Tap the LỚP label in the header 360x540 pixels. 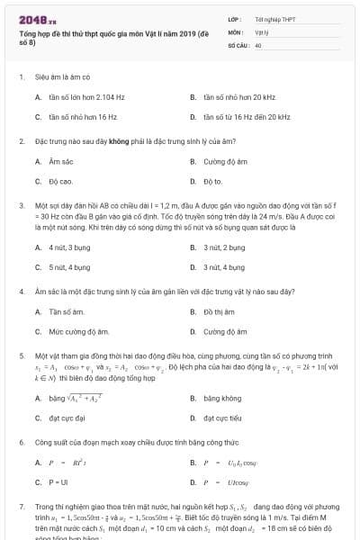[234, 18]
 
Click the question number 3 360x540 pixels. [21, 205]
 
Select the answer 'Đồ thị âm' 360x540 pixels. [219, 311]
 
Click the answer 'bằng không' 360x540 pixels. [221, 397]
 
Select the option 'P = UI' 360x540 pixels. [56, 482]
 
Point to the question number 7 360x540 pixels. [21, 507]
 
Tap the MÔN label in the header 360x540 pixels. [235, 31]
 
